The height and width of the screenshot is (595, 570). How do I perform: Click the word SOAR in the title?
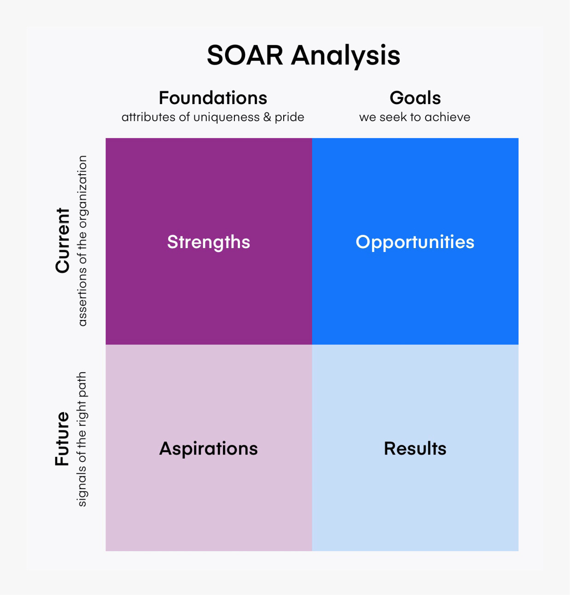[x=245, y=55]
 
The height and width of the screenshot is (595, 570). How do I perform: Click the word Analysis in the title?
[x=346, y=57]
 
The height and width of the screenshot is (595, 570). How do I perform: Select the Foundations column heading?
[x=213, y=98]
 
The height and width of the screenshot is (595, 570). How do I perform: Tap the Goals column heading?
[x=415, y=98]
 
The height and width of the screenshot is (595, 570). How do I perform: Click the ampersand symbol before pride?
[x=267, y=117]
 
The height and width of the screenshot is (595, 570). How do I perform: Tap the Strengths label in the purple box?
[x=209, y=242]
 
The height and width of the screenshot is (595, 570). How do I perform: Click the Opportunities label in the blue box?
[x=415, y=242]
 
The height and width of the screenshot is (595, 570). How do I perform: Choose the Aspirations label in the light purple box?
[x=209, y=449]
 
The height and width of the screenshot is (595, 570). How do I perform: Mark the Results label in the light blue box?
[x=415, y=449]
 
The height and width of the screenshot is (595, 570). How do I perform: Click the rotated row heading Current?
[x=63, y=241]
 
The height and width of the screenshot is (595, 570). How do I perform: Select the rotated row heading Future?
[x=62, y=439]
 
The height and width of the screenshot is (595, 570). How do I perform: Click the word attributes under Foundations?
[x=148, y=117]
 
